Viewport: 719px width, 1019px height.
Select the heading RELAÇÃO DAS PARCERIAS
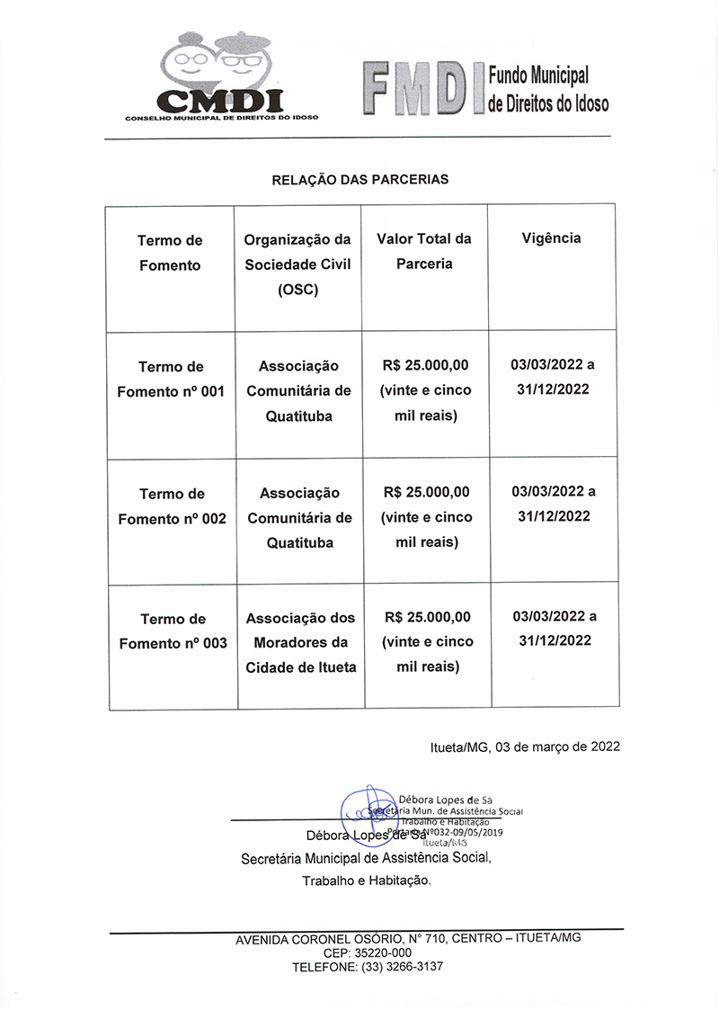359,180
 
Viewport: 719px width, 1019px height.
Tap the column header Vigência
551,238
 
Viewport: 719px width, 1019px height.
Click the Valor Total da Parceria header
424,252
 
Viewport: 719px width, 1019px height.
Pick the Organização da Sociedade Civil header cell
297,265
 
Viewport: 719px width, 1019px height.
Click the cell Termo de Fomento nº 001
171,379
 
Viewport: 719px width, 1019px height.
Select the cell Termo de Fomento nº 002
172,506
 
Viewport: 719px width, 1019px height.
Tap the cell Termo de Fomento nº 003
173,631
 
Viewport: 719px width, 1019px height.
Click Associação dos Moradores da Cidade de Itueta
300,643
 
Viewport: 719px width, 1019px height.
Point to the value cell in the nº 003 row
427,642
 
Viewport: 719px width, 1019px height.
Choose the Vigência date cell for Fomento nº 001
552,377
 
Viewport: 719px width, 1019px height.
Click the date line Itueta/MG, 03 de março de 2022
525,746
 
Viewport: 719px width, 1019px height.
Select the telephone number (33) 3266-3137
402,967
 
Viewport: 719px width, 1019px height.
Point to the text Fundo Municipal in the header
538,76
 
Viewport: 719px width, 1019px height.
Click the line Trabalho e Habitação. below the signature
367,881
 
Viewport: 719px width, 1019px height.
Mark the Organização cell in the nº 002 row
299,518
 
